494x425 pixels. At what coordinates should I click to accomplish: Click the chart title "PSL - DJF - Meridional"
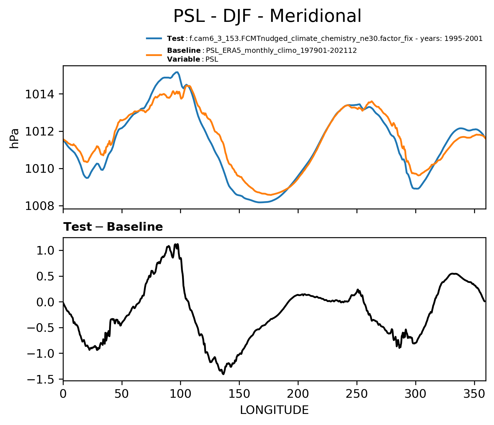coord(267,16)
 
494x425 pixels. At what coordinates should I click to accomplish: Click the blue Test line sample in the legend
coord(154,38)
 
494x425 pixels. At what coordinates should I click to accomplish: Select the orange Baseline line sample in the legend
coord(154,55)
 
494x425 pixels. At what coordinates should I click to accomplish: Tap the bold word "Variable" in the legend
coord(184,59)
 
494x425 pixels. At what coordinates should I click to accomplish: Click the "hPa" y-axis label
coord(14,138)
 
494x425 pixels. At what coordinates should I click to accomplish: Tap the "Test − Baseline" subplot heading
coord(113,227)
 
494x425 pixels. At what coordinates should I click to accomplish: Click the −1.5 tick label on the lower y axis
coord(42,379)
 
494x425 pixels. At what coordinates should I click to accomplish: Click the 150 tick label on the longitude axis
coord(239,394)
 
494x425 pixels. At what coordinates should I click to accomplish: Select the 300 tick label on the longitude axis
coord(416,394)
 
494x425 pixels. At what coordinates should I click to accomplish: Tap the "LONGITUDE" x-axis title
coord(274,410)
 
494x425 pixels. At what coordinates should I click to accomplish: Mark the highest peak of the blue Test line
coord(177,72)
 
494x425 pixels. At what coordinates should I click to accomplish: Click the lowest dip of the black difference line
coord(223,374)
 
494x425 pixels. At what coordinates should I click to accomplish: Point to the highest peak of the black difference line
coord(178,244)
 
